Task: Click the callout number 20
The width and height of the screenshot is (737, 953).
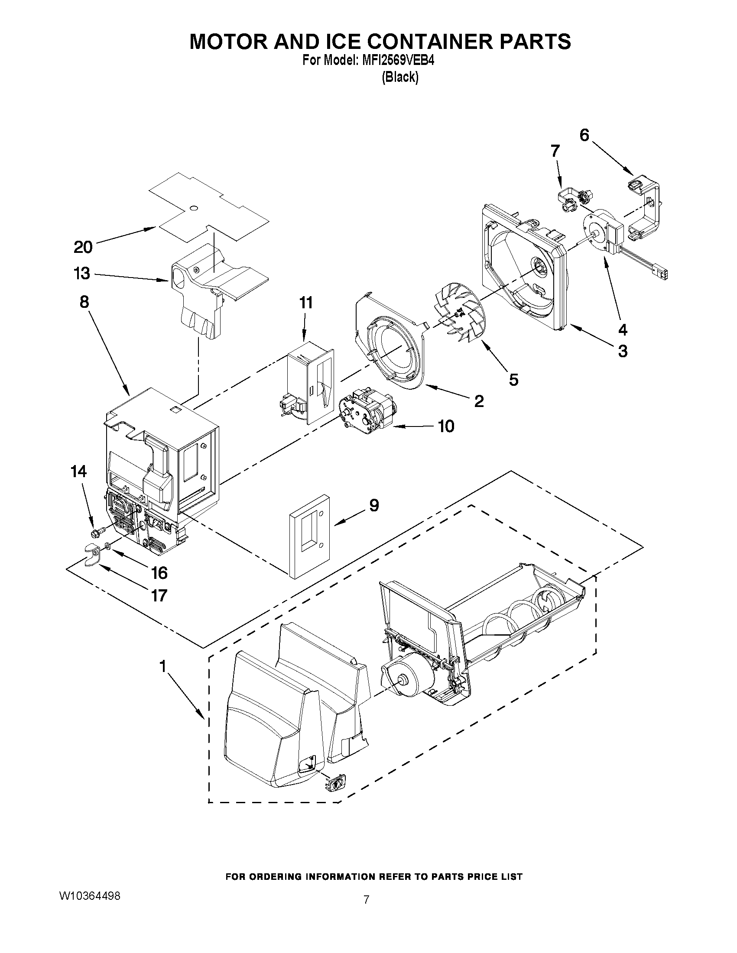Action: click(x=83, y=247)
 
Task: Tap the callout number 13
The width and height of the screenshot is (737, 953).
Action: click(x=82, y=274)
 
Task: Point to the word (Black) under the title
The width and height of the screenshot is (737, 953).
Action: click(x=399, y=78)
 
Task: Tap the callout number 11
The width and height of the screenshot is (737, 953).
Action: click(x=305, y=302)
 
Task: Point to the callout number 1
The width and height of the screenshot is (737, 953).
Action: click(x=162, y=666)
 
